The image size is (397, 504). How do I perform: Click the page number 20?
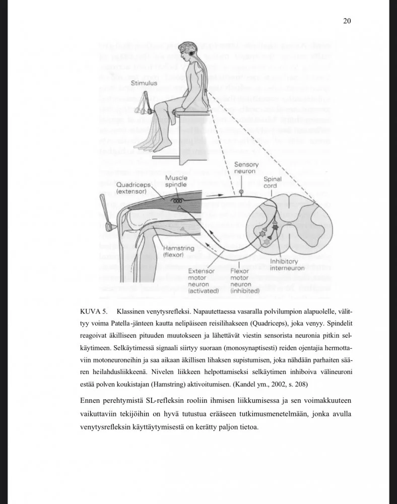tap(347, 21)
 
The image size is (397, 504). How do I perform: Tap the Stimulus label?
tap(144, 83)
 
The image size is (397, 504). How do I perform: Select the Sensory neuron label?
tap(246, 168)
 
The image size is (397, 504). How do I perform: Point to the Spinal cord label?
tap(273, 182)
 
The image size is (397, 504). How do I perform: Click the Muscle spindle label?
tap(176, 181)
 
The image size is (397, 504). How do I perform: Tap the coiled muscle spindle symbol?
tap(177, 200)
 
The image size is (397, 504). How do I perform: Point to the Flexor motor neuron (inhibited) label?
tap(245, 281)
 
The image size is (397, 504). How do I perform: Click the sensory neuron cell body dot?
tap(241, 192)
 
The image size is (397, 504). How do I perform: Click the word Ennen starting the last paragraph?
tap(91, 401)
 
